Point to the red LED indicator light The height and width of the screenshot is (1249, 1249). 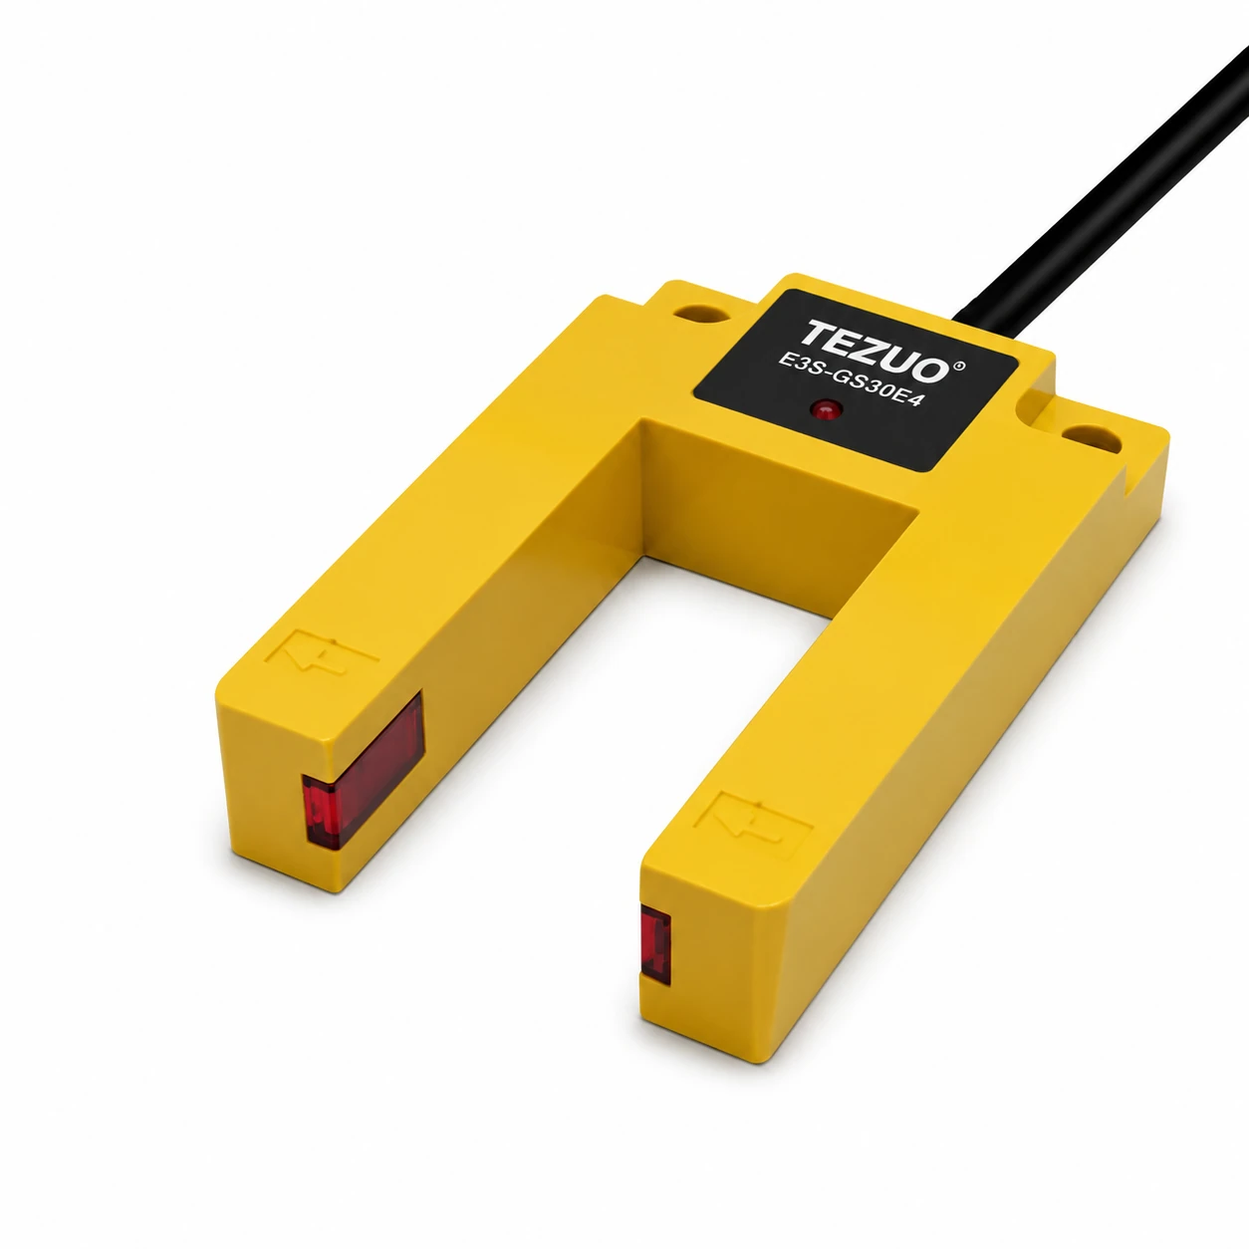coord(827,410)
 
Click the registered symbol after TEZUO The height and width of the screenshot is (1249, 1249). coord(959,367)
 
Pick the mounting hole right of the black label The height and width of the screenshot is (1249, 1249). coord(1091,438)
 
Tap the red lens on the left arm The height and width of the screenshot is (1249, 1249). coord(363,770)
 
